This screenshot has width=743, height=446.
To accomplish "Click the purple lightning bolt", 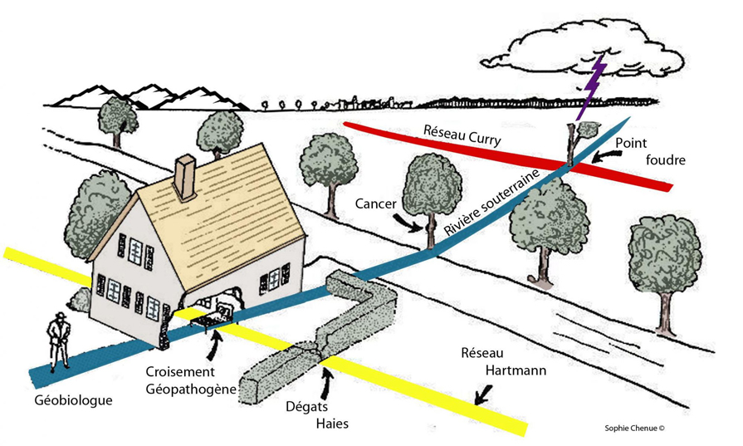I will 591,90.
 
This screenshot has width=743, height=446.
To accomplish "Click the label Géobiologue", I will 73,400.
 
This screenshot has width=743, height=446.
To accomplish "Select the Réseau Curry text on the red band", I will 462,135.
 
